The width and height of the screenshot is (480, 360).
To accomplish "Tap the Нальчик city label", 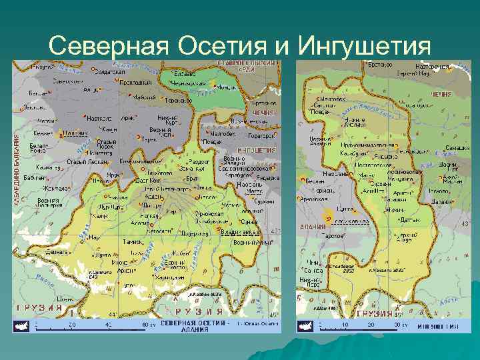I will tap(79, 133).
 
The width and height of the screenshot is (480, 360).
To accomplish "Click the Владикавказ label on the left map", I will tap(239, 231).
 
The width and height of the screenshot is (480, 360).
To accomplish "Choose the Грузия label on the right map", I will tap(375, 313).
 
